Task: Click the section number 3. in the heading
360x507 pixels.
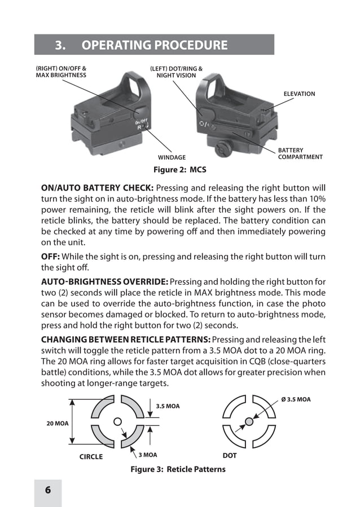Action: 61,45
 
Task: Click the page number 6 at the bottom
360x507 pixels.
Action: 48,490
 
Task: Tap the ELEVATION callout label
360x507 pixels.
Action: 299,94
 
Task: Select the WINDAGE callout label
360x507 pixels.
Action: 172,157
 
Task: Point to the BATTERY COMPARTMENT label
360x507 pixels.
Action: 300,153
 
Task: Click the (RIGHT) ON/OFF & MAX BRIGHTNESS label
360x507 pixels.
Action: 62,72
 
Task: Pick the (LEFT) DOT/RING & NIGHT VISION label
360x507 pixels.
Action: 176,72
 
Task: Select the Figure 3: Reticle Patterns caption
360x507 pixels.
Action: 178,469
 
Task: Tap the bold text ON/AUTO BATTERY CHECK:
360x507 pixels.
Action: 97,188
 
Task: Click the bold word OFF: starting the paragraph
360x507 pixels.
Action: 51,257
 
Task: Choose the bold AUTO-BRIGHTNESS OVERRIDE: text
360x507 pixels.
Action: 104,281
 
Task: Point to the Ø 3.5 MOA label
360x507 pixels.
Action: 296,399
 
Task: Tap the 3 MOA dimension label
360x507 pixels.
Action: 148,455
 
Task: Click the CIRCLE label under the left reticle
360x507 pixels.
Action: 91,456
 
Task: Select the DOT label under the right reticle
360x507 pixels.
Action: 230,455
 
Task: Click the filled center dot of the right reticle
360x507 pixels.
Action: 249,421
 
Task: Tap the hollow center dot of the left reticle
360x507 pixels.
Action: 117,421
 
